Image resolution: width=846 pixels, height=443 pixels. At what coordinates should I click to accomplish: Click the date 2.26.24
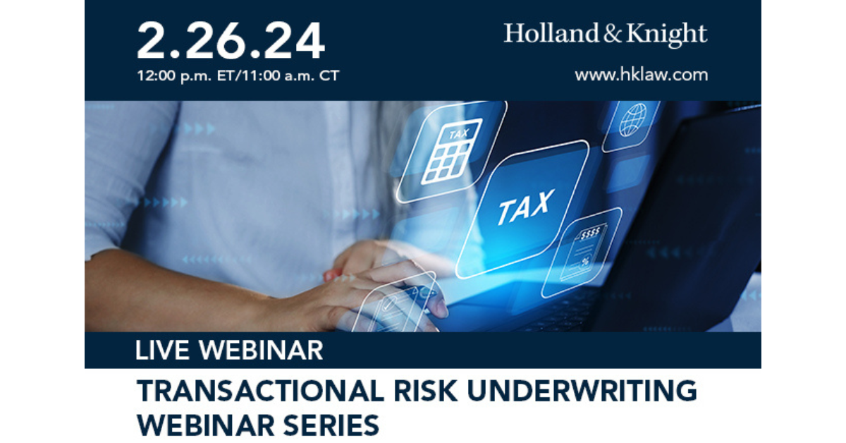point(231,40)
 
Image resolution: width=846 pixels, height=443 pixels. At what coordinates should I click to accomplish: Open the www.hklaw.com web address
point(641,74)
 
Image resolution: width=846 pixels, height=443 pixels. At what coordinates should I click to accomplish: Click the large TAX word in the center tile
point(525,208)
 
